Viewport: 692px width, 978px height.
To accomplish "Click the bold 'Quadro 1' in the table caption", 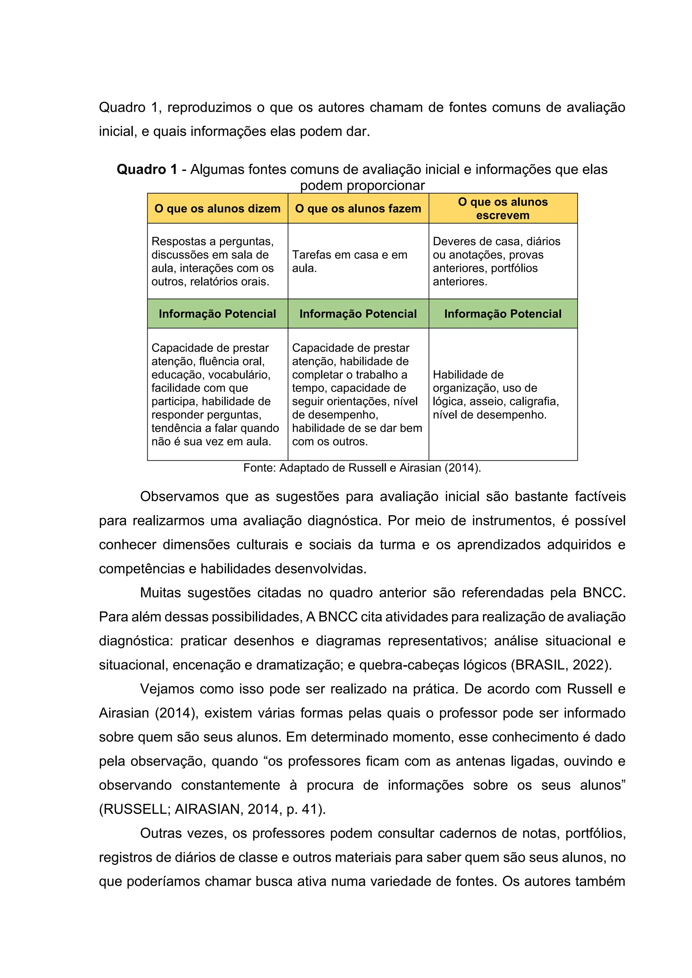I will tap(147, 170).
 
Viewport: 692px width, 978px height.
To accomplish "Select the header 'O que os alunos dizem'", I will tap(217, 209).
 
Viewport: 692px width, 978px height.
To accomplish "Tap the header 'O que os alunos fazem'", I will tap(358, 209).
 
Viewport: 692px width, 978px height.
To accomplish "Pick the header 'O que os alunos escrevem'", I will tap(502, 208).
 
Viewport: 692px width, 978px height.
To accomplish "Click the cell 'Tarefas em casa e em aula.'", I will tap(349, 261).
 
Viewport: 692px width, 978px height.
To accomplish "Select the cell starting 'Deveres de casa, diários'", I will tap(496, 261).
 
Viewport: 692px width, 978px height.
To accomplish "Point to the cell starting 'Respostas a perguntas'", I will tap(213, 261).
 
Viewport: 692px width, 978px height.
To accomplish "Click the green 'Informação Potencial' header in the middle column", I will tap(358, 314).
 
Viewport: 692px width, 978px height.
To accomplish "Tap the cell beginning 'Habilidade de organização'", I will tap(496, 394).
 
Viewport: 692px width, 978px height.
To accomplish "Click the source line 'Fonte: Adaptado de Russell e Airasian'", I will tap(362, 468).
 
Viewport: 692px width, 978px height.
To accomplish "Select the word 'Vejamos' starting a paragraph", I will tap(166, 689).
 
